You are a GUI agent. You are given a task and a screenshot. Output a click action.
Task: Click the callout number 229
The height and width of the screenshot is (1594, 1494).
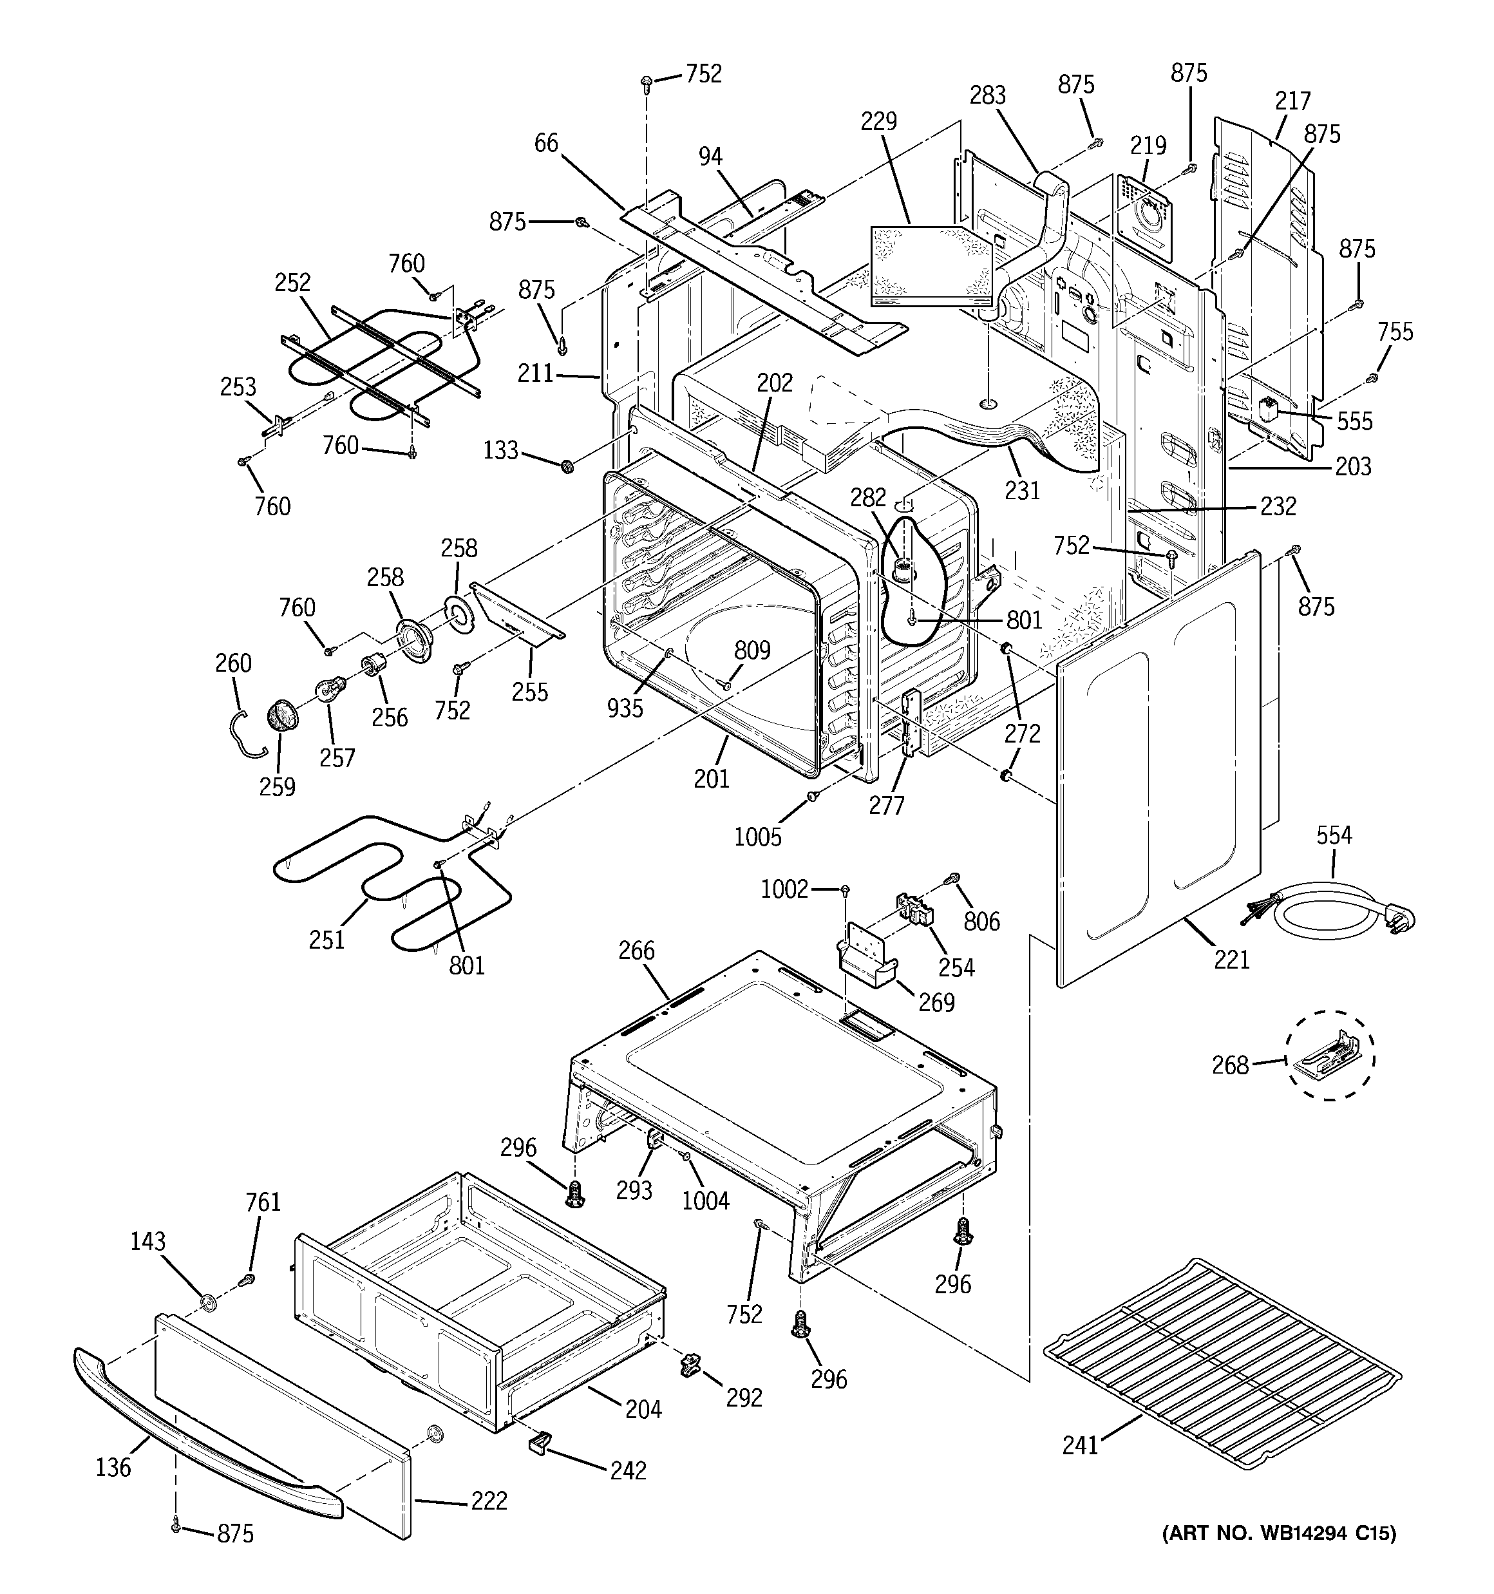point(879,122)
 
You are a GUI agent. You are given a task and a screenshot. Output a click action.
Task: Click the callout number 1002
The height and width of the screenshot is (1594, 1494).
point(784,889)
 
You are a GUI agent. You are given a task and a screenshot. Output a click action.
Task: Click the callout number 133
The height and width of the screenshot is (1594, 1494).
point(500,451)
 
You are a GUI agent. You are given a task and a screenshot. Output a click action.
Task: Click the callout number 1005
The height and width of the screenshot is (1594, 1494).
point(757,837)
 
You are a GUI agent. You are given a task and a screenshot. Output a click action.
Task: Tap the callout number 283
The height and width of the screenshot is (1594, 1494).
point(987,95)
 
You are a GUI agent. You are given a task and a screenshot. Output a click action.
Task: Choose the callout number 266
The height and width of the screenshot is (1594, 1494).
point(636,951)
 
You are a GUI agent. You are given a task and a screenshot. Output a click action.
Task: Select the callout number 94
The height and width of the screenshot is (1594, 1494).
point(710,157)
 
